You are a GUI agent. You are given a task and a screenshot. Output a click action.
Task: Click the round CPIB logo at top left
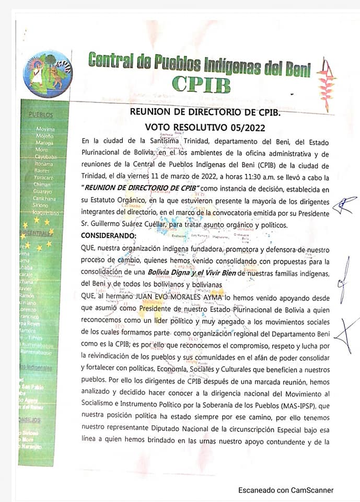pyautogui.click(x=48, y=74)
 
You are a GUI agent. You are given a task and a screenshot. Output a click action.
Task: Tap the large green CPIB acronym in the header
pyautogui.click(x=201, y=84)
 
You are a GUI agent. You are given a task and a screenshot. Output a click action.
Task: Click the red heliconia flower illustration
pyautogui.click(x=328, y=85)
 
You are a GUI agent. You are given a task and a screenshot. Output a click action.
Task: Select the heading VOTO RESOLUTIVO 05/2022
pyautogui.click(x=205, y=127)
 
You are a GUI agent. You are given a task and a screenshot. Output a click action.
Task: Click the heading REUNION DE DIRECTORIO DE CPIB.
pyautogui.click(x=205, y=112)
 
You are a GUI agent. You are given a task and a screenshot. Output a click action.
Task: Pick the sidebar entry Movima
pyautogui.click(x=45, y=129)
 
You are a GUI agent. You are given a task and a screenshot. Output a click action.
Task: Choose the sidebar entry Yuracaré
pyautogui.click(x=44, y=177)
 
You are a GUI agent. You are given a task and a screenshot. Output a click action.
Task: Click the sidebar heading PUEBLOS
pyautogui.click(x=41, y=114)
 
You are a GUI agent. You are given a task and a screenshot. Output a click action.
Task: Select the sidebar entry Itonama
pyautogui.click(x=44, y=164)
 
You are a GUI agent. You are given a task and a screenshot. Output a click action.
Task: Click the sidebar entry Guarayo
pyautogui.click(x=44, y=191)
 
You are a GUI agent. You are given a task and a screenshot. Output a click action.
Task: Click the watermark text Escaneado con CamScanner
pyautogui.click(x=286, y=490)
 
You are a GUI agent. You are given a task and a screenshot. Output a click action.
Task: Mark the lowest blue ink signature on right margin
pyautogui.click(x=346, y=333)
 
